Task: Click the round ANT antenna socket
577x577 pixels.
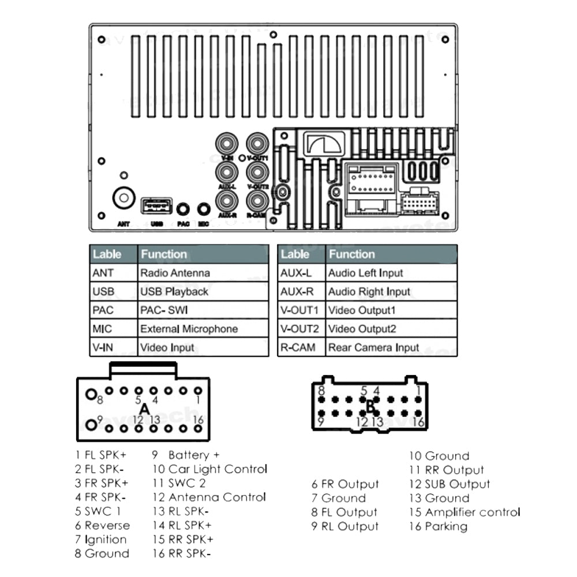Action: pos(123,198)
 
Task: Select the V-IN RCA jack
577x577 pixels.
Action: pos(226,143)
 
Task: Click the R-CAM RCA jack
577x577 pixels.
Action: pos(256,200)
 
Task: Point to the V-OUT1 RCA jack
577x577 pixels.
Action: pos(256,143)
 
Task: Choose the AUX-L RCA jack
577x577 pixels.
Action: pos(226,171)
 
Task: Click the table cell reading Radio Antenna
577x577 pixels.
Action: pos(175,273)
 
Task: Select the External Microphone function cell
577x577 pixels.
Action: pos(189,329)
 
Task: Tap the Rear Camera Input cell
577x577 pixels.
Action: pos(373,348)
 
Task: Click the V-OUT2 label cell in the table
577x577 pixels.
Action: pos(299,329)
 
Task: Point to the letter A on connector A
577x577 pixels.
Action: pos(144,409)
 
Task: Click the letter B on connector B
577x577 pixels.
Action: pos(370,406)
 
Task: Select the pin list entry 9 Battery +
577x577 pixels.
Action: pos(186,455)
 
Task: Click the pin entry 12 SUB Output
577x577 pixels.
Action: pos(449,484)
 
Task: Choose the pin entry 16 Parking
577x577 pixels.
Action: pos(438,526)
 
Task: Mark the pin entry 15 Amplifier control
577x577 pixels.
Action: pos(464,512)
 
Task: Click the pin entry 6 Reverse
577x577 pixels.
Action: pos(102,526)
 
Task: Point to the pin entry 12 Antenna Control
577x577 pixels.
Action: pos(209,497)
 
